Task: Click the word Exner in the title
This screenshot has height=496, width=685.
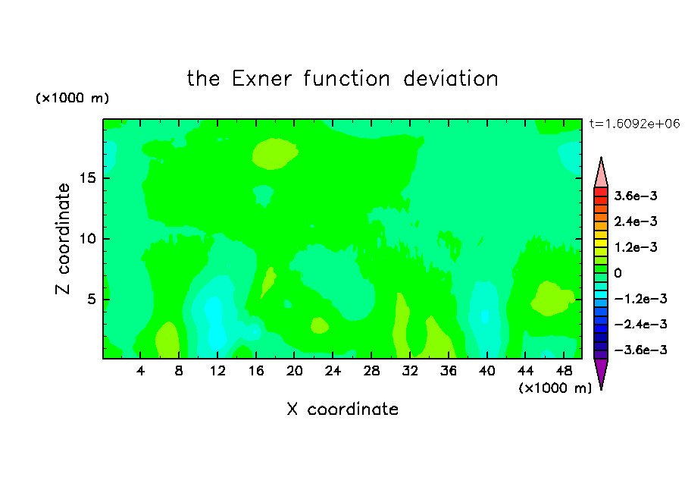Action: (261, 79)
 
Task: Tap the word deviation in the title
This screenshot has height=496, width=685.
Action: (451, 79)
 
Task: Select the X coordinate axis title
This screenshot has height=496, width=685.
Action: (342, 409)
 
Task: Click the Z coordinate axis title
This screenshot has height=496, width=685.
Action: (62, 239)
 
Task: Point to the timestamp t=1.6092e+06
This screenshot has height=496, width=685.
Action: (634, 124)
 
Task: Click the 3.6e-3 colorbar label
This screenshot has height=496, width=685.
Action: (636, 196)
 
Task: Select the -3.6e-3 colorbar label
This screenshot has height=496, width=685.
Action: (640, 350)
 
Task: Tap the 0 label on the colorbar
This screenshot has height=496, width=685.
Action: (618, 273)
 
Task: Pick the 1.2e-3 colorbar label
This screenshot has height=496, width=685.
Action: (636, 247)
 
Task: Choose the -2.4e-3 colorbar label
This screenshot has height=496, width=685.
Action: (640, 324)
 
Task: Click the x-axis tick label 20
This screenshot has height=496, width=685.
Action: (294, 371)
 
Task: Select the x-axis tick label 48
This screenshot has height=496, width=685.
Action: (564, 371)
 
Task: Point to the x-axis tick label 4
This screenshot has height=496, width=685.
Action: (140, 371)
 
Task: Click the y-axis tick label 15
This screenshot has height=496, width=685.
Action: (87, 178)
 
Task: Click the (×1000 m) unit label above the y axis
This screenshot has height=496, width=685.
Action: (72, 98)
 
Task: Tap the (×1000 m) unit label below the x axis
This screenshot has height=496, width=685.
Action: (555, 388)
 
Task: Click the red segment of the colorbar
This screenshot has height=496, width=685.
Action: (601, 192)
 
